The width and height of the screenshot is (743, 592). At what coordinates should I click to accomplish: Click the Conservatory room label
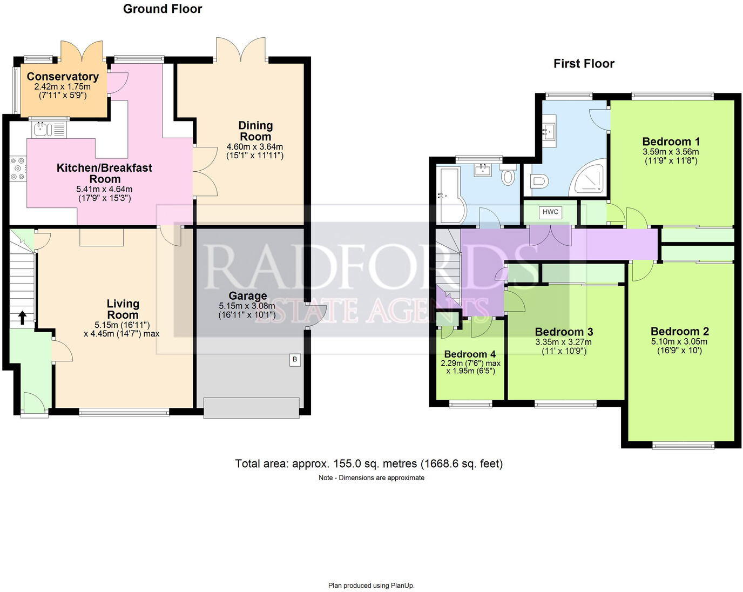click(x=63, y=77)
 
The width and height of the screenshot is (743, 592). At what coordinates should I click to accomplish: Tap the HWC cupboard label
click(x=550, y=212)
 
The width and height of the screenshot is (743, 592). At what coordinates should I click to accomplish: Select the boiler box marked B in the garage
click(x=295, y=359)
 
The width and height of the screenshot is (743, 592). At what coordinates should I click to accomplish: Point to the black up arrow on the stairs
click(x=22, y=317)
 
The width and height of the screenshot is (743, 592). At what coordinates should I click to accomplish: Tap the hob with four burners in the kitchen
click(x=17, y=168)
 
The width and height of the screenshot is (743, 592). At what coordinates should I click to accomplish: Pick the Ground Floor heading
click(x=163, y=9)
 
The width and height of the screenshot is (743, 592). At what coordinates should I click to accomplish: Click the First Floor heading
click(x=584, y=64)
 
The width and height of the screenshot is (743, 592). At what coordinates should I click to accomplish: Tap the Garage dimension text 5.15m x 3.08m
click(x=247, y=306)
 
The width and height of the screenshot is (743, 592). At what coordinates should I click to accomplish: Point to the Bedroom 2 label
click(x=679, y=331)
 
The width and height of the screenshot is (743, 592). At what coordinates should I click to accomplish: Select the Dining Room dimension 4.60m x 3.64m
click(x=255, y=146)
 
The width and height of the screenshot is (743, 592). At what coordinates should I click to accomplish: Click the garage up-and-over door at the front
click(x=252, y=408)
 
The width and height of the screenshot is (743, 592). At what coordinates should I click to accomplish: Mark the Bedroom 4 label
click(x=470, y=354)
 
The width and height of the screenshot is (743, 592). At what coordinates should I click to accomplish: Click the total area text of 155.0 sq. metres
click(x=369, y=463)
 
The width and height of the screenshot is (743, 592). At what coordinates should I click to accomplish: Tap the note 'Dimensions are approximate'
click(x=371, y=477)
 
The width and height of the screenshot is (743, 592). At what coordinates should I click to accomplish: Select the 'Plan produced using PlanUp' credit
click(x=371, y=585)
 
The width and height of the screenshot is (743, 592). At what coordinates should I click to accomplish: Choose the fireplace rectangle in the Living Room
click(x=102, y=237)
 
